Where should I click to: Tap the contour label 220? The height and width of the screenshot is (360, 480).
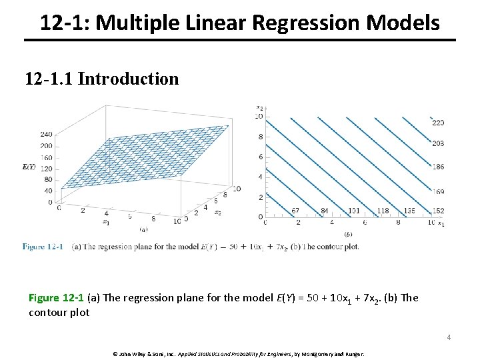438,123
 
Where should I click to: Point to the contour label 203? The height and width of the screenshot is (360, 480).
438,143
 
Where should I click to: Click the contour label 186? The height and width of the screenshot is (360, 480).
438,167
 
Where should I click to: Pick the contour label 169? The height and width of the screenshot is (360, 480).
438,192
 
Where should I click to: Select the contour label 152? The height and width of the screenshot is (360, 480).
438,211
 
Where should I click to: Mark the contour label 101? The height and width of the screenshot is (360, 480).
354,211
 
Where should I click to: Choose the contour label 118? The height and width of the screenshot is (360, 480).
383,211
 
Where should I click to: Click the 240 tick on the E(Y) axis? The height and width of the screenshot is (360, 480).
46,135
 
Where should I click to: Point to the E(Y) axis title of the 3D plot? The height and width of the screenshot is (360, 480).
29,167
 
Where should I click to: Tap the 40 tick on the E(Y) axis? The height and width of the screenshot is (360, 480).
47,191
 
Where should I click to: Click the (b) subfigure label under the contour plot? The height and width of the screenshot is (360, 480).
348,234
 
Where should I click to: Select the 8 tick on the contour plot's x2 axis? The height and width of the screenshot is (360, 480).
261,137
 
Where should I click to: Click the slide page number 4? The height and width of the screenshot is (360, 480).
449,337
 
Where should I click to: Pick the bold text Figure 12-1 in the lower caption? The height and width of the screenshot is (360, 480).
56,298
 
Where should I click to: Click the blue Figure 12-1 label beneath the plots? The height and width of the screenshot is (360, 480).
43,247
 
